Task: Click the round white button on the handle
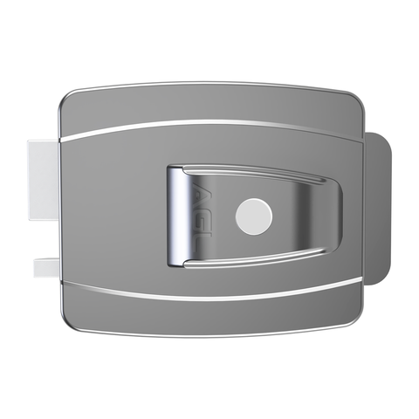254,214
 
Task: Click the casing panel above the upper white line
209,103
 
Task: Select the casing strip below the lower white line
209,316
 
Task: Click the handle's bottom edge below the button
254,260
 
